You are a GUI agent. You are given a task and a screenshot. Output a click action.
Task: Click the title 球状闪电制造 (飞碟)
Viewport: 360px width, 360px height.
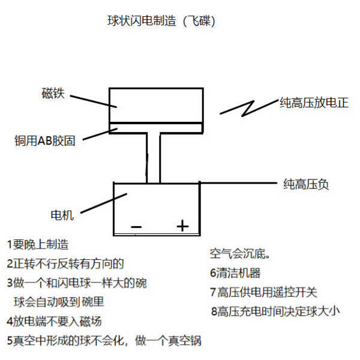161,21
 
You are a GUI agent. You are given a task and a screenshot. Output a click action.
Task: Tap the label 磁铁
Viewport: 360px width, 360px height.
53,93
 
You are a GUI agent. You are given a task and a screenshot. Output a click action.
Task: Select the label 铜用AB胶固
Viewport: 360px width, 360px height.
45,141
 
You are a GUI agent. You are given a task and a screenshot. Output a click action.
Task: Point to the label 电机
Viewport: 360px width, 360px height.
62,215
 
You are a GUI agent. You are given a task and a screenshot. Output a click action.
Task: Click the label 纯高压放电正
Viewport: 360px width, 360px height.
314,103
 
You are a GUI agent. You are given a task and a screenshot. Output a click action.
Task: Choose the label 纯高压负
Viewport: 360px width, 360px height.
306,184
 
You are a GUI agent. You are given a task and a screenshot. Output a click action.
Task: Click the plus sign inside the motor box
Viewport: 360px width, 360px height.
183,226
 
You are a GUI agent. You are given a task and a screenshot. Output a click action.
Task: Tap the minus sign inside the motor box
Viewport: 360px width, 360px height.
136,227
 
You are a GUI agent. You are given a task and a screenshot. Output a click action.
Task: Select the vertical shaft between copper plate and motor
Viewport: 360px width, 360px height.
154,158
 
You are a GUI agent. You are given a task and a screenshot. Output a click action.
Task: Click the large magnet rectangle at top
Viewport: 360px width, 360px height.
156,106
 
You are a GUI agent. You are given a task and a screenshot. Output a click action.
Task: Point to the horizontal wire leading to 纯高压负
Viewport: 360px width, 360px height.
238,183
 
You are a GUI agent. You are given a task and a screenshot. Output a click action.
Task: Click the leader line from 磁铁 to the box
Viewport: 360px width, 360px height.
94,101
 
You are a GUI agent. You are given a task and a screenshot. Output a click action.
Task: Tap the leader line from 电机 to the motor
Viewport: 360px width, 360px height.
104,203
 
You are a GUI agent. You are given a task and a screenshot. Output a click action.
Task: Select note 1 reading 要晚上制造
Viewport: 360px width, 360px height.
38,244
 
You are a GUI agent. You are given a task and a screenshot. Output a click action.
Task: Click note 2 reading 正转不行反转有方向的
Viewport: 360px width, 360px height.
65,263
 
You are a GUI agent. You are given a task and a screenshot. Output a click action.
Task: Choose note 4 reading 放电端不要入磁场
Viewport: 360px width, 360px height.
54,322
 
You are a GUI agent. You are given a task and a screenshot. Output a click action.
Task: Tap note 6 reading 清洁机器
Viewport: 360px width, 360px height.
235,273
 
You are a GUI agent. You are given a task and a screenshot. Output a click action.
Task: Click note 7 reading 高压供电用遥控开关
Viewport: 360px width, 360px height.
263,292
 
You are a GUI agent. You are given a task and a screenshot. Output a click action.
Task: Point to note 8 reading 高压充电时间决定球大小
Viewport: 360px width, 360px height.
275,311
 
